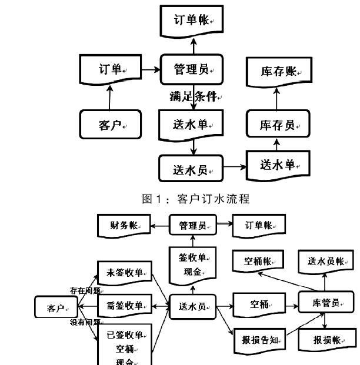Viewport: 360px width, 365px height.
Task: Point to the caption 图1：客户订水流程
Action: click(196, 199)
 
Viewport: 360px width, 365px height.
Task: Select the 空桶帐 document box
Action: click(258, 261)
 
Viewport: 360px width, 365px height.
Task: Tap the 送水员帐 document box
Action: click(326, 261)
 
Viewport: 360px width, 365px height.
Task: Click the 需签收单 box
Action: click(125, 306)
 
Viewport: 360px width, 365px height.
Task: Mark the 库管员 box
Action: click(326, 303)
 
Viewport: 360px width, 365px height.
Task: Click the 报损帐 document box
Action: click(325, 339)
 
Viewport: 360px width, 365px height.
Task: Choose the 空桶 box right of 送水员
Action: click(258, 304)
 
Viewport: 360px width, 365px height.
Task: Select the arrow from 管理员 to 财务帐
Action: click(159, 225)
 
